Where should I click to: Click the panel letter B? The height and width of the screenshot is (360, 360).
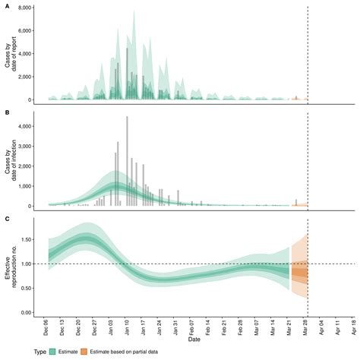click(x=7, y=112)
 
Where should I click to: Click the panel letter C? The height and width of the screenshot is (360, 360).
click(x=7, y=219)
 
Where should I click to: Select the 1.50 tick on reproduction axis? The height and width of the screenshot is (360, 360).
click(x=35, y=238)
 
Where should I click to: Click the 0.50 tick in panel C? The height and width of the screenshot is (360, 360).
click(x=35, y=288)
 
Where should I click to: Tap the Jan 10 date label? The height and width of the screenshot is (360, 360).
click(x=127, y=327)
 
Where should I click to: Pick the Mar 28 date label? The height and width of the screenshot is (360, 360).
click(x=308, y=327)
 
